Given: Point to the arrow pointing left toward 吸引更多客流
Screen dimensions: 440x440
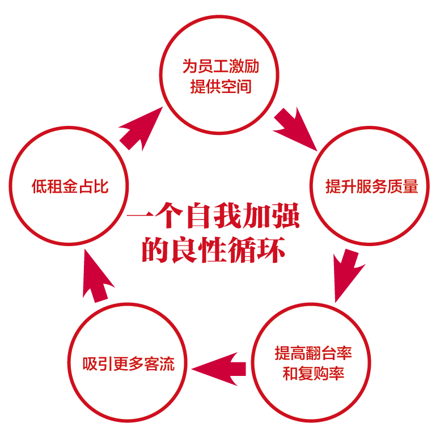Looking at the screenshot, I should point(219,368).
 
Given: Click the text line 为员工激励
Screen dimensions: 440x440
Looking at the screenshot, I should point(220,67).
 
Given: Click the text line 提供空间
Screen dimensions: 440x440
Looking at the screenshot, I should point(220,87).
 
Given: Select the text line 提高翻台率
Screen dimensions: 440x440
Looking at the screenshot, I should point(313,353).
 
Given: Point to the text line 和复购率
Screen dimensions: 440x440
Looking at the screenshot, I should point(313,374).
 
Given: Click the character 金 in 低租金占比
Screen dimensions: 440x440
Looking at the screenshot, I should point(70,186).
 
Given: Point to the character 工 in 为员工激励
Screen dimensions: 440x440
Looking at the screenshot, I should point(220,67).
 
